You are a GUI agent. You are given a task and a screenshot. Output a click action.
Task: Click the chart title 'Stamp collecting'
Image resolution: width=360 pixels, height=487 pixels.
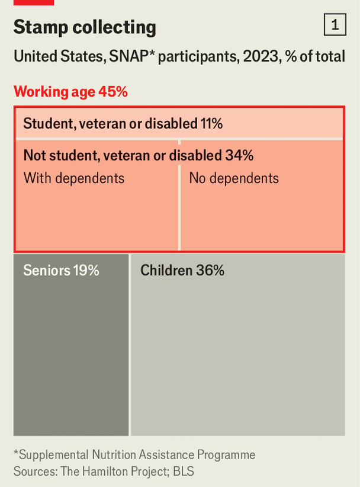tap(85, 27)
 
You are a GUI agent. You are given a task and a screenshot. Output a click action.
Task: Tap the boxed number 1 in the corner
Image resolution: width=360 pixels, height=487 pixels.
tap(335, 25)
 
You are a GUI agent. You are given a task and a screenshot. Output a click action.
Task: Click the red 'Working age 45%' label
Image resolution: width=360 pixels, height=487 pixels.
tap(70, 92)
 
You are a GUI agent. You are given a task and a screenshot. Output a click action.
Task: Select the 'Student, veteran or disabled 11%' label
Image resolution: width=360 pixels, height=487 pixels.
tap(123, 124)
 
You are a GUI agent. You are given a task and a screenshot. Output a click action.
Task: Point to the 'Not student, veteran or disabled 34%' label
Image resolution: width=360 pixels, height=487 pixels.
tap(138, 155)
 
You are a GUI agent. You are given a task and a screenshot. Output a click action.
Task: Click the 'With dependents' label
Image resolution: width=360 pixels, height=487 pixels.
tap(74, 178)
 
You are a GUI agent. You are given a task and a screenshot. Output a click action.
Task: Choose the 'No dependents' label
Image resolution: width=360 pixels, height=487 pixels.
tap(233, 178)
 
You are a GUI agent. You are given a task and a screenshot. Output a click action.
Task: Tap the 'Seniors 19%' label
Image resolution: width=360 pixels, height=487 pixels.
tap(61, 270)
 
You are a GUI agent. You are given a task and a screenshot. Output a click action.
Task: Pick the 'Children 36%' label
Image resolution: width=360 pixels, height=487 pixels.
tap(182, 270)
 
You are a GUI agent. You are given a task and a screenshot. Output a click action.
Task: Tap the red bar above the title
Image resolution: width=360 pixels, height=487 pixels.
tap(33, 2)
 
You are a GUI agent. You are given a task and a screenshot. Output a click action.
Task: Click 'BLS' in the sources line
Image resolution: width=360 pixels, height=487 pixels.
tap(184, 472)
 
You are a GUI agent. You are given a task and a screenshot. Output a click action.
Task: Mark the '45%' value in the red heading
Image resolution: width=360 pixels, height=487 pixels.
tap(113, 92)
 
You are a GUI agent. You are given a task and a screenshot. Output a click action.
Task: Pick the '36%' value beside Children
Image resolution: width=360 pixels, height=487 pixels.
tap(210, 270)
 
